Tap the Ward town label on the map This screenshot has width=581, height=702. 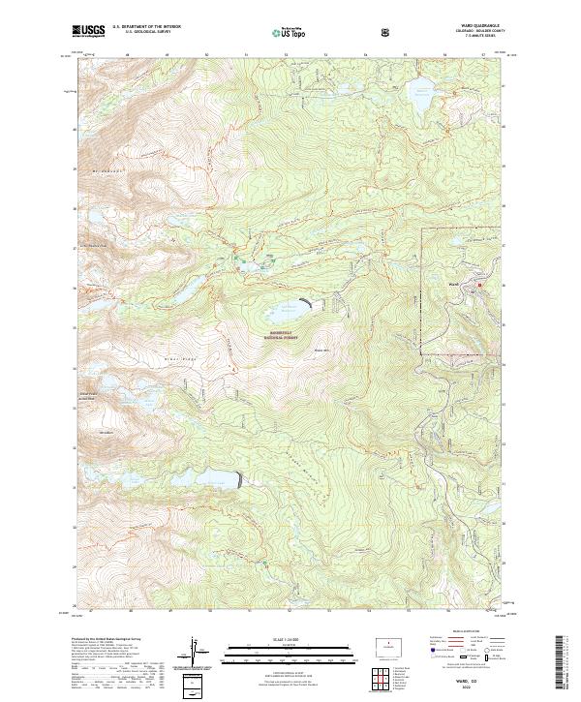[454, 284]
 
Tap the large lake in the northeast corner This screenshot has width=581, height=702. [422, 95]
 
